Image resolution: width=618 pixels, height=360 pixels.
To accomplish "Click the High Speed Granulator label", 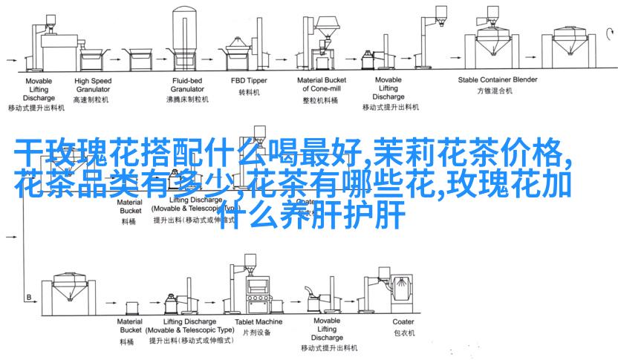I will click(93, 84).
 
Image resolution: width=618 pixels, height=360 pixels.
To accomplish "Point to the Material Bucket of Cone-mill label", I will click(322, 84).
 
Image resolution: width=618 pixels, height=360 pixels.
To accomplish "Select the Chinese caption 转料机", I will click(248, 93).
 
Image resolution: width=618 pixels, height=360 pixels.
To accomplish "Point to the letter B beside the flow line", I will click(29, 298).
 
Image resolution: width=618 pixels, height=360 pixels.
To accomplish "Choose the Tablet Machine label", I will click(258, 321).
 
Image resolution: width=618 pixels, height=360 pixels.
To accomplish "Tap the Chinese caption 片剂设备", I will click(258, 335).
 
